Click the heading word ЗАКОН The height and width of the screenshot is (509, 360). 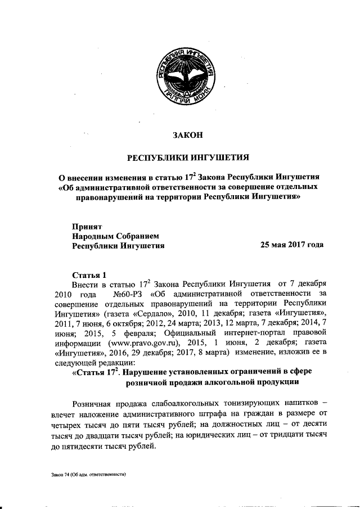(186, 134)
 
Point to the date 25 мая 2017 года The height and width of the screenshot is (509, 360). (291, 245)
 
